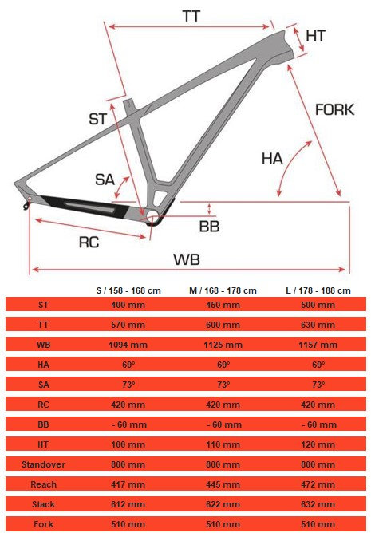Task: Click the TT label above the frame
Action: coord(191,16)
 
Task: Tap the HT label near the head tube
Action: coord(316,36)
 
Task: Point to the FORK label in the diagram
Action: coord(334,110)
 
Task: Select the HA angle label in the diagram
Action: coord(272,159)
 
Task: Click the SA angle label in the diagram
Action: coord(105,180)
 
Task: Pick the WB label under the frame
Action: coord(187,259)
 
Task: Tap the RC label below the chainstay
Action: coord(89,243)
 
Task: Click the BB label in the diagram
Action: coord(209,227)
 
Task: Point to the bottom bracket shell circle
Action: coord(152,215)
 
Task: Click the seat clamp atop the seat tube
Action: coord(129,105)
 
